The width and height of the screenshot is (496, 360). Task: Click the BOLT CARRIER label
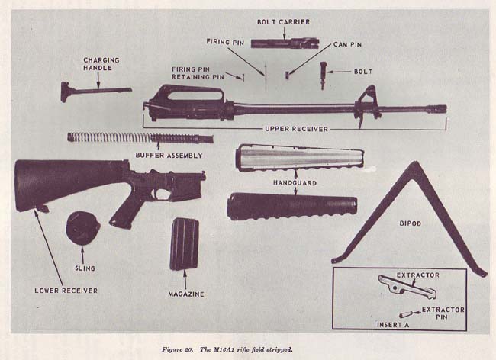point(283,22)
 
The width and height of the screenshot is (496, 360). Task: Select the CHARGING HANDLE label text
point(101,64)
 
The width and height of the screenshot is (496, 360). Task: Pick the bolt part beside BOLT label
point(324,74)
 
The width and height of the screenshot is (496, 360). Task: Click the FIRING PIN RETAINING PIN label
point(197,73)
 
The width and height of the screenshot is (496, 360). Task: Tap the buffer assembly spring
point(114,137)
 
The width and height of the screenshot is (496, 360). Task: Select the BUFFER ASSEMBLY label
point(169,155)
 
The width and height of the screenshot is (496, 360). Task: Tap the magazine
point(184,243)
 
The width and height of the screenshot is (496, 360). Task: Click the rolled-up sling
point(82,228)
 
